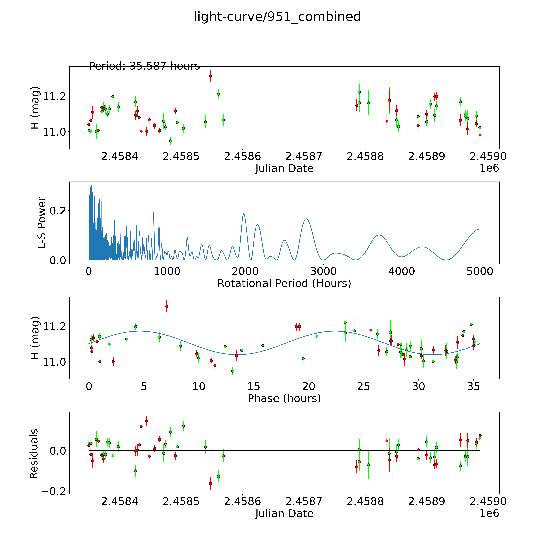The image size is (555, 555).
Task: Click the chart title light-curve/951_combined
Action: (277, 17)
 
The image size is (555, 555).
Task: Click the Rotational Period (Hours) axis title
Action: (284, 284)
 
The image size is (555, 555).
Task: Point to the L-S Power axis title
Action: (42, 223)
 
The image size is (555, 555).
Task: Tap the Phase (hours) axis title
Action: (284, 398)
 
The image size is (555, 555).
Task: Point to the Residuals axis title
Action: (34, 454)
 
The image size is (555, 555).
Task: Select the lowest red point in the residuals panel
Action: (210, 483)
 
